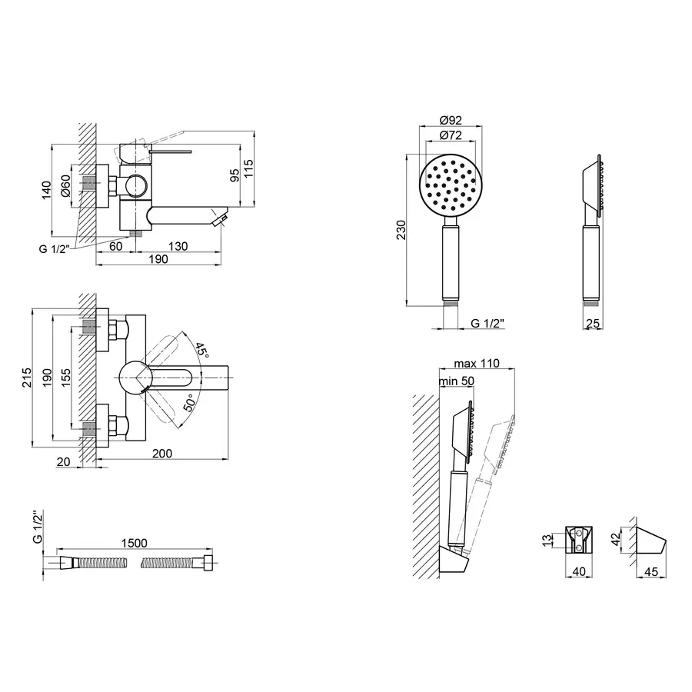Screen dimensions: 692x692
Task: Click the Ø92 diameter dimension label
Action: tap(451, 120)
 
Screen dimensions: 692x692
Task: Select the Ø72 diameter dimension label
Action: tap(451, 135)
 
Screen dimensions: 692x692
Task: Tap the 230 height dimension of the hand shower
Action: tap(401, 230)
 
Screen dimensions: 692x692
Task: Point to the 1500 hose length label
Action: tap(134, 543)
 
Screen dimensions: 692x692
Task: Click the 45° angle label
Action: tap(201, 351)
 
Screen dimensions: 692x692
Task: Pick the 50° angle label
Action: tap(189, 403)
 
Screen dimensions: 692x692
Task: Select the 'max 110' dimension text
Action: tap(477, 363)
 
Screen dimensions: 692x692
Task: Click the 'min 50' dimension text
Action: tap(456, 381)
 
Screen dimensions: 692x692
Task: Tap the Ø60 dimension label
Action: tap(65, 185)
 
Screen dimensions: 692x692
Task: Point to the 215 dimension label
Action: tap(27, 378)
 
